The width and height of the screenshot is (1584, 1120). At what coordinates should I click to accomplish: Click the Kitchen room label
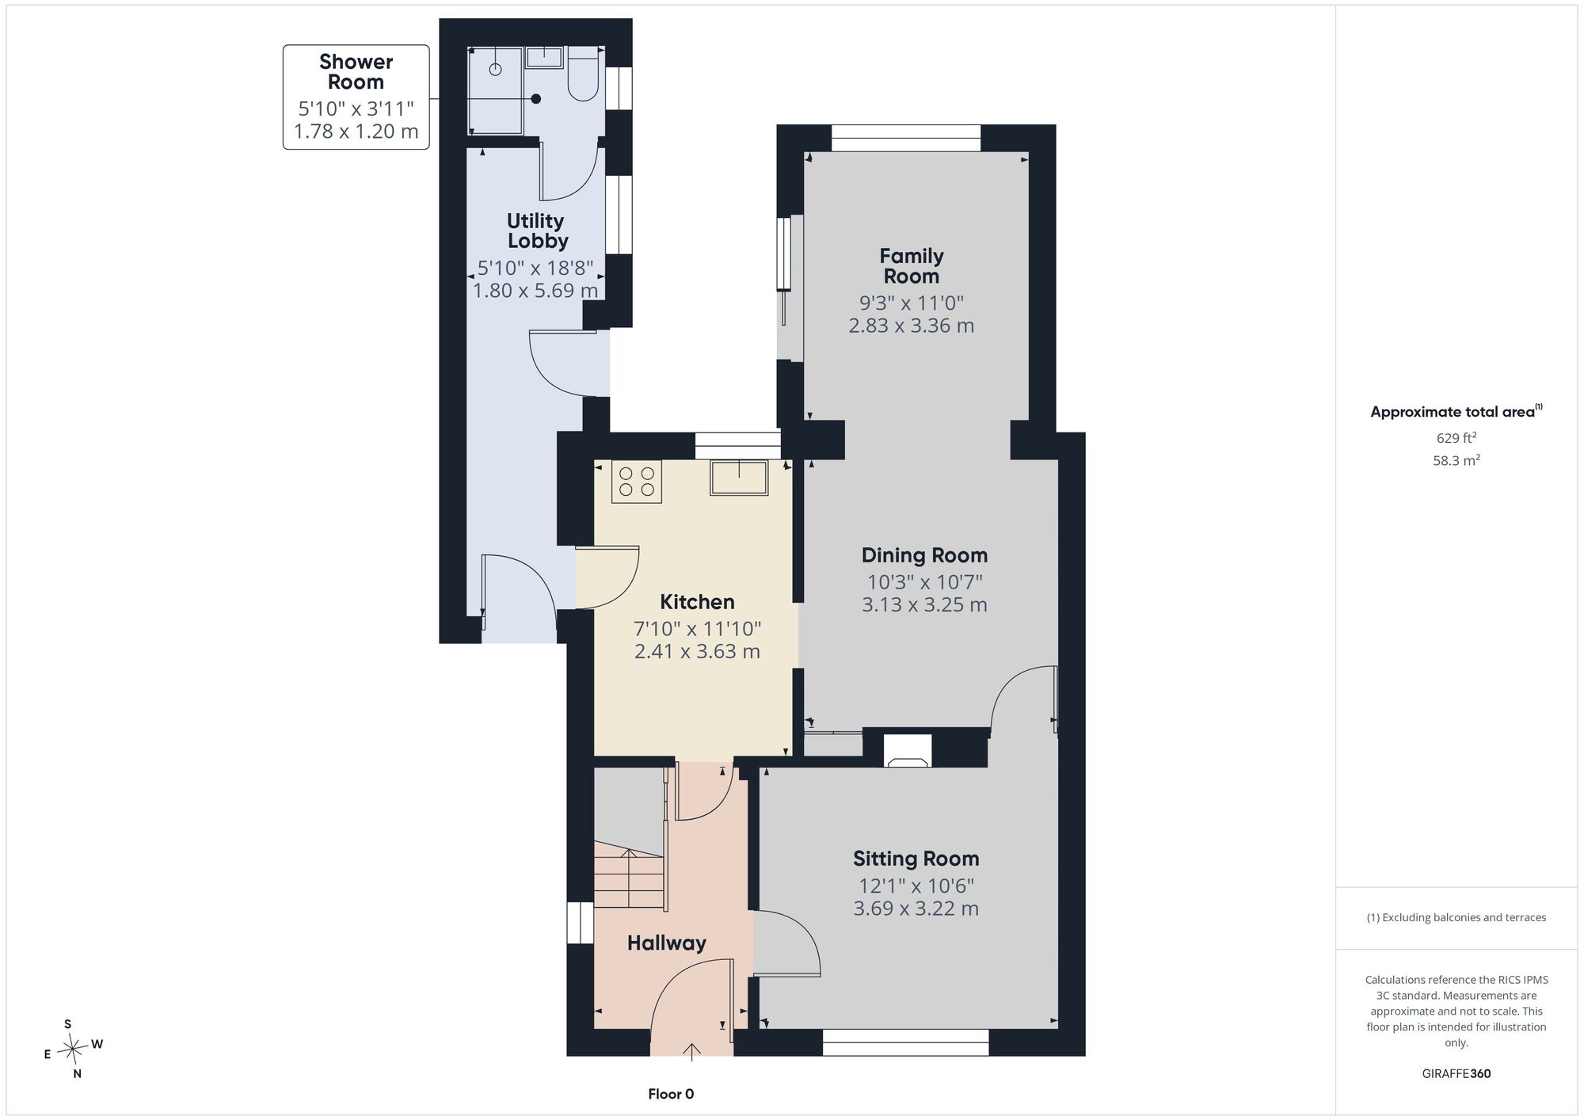697,602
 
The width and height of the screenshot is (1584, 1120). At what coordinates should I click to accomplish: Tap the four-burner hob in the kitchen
637,482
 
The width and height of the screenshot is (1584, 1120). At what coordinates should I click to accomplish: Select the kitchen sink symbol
739,478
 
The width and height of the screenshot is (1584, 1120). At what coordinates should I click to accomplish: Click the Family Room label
912,266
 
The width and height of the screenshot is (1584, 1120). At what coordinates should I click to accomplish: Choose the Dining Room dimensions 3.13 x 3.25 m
924,605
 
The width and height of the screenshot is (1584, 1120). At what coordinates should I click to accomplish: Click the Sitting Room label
916,859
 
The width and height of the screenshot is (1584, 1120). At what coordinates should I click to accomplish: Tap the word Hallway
667,943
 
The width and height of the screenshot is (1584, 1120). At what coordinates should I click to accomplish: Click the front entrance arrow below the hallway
692,1051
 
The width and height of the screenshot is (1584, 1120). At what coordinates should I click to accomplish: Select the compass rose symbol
74,1050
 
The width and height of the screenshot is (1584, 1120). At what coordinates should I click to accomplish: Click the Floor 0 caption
671,1094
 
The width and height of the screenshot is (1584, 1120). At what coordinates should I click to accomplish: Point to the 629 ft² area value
1456,437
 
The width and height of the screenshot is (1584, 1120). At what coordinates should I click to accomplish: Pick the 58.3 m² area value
1456,459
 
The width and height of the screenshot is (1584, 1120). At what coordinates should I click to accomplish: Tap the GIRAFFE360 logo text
1456,1074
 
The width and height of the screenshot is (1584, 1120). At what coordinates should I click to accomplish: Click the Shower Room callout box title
356,72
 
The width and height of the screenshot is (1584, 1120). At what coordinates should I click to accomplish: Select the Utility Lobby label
536,230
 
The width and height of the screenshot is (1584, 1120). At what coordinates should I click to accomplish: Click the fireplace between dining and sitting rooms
908,751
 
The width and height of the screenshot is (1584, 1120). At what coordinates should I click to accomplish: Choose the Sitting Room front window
906,1042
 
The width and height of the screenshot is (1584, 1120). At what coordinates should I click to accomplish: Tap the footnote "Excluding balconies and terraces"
1456,917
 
